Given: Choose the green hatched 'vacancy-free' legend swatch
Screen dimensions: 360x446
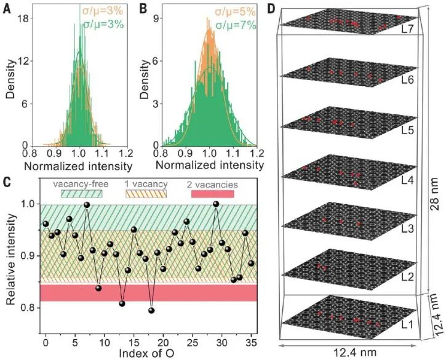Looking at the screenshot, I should tap(82, 194).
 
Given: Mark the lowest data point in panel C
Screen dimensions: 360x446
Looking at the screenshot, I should tap(151, 310).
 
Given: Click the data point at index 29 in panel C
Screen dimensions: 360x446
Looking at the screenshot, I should tap(216, 204).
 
